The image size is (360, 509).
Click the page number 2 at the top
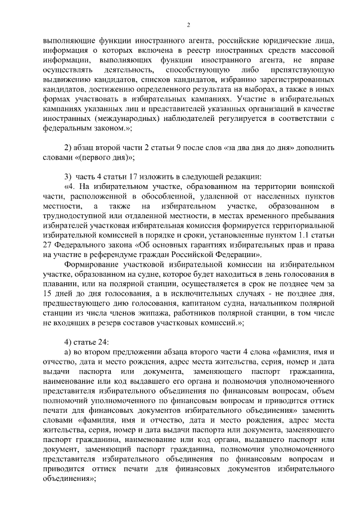[188, 24]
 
